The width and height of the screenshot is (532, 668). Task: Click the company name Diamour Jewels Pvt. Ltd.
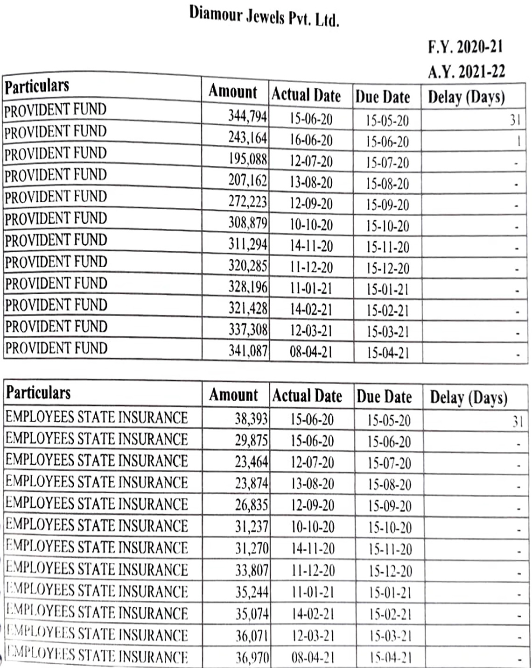coord(264,17)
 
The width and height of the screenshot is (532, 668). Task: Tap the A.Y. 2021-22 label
coord(466,71)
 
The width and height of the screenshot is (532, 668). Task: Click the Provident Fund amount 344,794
coord(247,115)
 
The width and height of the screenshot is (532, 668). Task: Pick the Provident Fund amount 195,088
coord(247,159)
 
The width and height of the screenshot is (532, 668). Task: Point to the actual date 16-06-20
coord(311,140)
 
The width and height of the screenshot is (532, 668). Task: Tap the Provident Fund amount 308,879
coord(247,223)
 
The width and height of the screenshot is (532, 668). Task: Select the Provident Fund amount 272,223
coord(247,202)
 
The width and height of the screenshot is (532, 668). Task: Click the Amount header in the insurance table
coord(233,395)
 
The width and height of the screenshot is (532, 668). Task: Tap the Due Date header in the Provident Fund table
coord(383,97)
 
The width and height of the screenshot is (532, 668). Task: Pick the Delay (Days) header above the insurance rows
coord(468,398)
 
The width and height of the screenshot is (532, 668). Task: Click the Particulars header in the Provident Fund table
coord(37,86)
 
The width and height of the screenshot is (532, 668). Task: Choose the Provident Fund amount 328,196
coord(248,286)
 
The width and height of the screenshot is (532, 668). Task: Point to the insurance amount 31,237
coord(252,527)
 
